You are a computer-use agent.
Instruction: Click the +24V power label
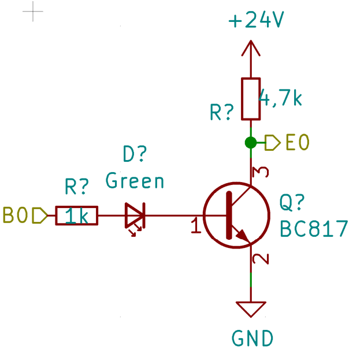tap(256, 21)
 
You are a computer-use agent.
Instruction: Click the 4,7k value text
tap(281, 98)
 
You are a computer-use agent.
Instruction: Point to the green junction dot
tap(251, 142)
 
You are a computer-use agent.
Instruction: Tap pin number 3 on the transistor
tap(262, 172)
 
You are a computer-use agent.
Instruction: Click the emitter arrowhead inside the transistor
tap(243, 237)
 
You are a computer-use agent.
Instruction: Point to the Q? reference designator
tap(292, 203)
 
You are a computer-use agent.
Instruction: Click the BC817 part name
tap(314, 229)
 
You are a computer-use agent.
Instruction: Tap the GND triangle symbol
tap(251, 309)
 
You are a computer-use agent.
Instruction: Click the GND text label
tap(252, 338)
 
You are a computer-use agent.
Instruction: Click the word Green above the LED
tap(135, 181)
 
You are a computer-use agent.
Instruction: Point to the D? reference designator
tap(135, 154)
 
